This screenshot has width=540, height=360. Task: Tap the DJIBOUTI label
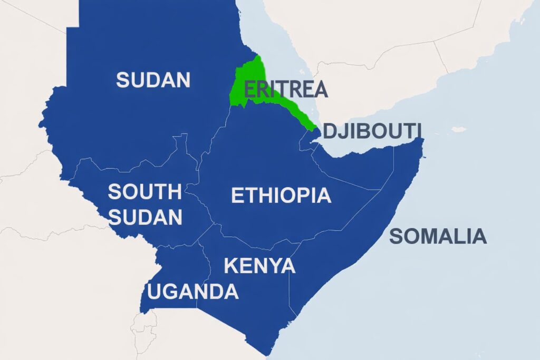(372, 130)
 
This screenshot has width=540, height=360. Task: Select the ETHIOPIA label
(281, 196)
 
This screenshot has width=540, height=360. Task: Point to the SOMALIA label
(438, 237)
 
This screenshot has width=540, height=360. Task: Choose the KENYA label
(259, 266)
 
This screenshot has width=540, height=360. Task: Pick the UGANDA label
(193, 291)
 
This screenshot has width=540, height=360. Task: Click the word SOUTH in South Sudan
(144, 192)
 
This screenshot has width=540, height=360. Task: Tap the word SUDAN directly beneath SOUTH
(146, 217)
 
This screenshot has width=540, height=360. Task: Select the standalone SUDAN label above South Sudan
(153, 80)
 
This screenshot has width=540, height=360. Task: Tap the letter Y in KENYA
(273, 266)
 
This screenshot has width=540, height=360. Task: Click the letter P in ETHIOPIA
(301, 196)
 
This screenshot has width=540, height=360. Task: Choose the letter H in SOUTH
(174, 192)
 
